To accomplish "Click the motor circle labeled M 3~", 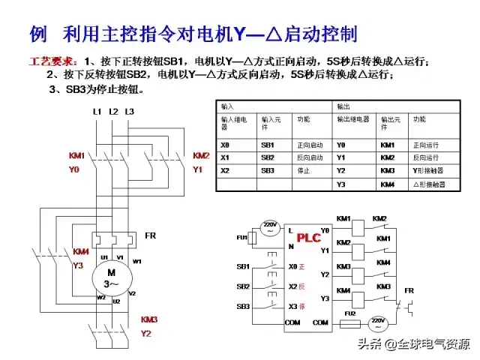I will click(111, 277).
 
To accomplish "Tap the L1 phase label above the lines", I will click(97, 112).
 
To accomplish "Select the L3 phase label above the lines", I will click(129, 112).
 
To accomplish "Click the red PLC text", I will click(308, 238).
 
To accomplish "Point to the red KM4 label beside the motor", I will click(81, 251).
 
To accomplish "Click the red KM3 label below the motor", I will click(148, 319).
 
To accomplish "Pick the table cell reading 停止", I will click(304, 170).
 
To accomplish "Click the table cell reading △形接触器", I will click(428, 184).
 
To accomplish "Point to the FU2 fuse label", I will click(349, 313).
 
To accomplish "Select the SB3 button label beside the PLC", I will click(243, 306).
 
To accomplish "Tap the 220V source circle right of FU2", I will click(378, 323).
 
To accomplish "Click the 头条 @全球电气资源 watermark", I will click(413, 344).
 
